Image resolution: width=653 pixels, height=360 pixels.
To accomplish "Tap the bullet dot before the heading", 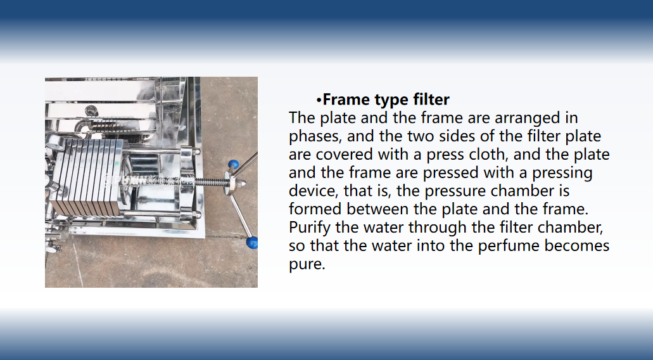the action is pyautogui.click(x=319, y=100).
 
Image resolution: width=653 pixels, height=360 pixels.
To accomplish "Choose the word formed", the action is pyautogui.click(x=315, y=209).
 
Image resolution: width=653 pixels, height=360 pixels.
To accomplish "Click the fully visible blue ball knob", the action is pyautogui.click(x=234, y=165).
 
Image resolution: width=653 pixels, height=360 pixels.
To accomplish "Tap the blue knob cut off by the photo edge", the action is pyautogui.click(x=252, y=243).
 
